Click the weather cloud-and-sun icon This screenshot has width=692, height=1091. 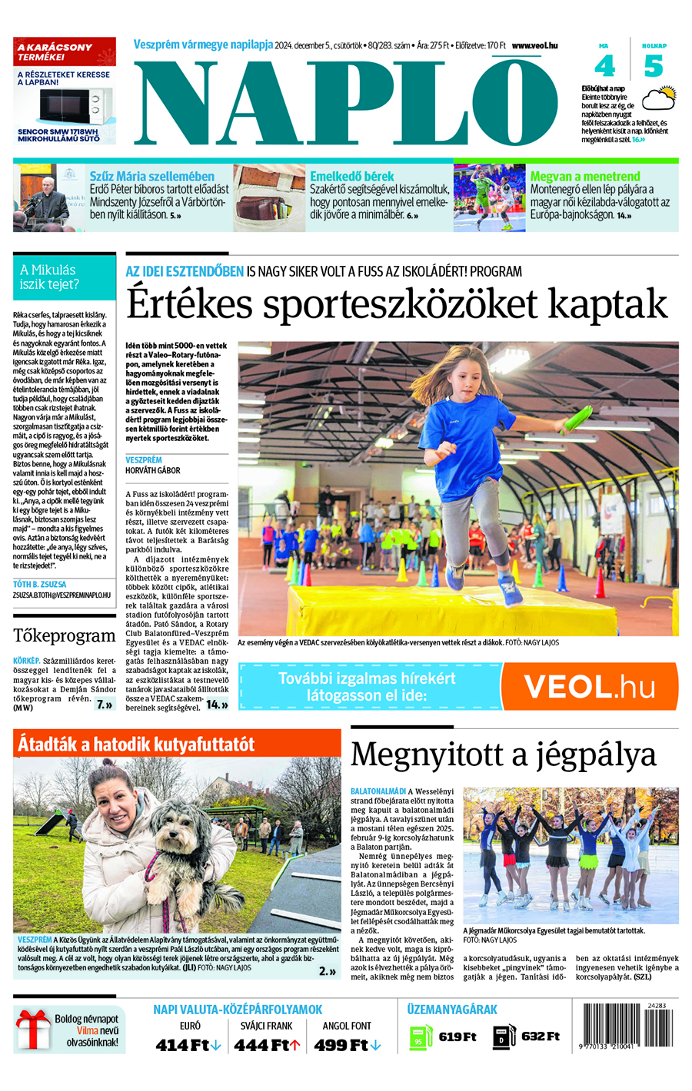(x=658, y=101)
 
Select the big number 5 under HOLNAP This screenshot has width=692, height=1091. (x=654, y=66)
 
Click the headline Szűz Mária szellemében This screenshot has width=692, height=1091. (x=151, y=177)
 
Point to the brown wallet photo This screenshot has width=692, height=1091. (x=269, y=198)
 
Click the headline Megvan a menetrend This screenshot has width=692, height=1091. (x=585, y=177)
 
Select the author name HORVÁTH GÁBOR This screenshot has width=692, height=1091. (x=153, y=470)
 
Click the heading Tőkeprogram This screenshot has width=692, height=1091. (x=64, y=635)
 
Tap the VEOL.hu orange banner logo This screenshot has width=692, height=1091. (x=589, y=686)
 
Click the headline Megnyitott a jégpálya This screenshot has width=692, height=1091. (x=504, y=754)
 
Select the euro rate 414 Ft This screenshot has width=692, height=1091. (x=183, y=1045)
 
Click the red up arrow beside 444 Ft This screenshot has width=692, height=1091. (x=294, y=1045)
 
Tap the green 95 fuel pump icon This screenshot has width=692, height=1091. (x=420, y=1036)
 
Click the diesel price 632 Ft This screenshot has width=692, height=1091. (x=541, y=1036)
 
